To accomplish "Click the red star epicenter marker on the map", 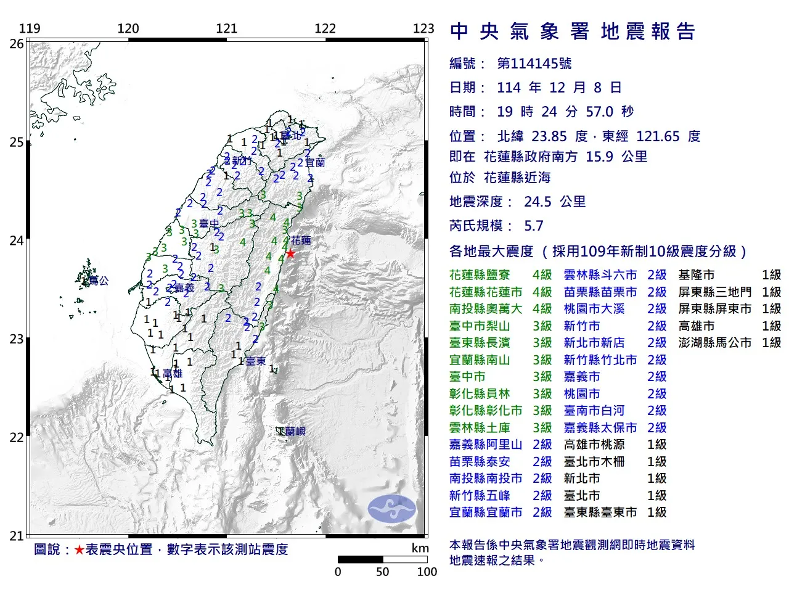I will pos(290,253).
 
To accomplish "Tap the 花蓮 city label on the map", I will pos(301,240).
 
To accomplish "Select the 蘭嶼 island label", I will pos(295,432).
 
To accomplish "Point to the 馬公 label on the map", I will pos(98,281).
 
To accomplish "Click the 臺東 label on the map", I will pos(256,361).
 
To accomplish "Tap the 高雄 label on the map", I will pos(173,374).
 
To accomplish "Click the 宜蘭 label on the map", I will pos(314,163).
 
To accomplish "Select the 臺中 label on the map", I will pos(209,224).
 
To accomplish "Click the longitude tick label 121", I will pos(227,28).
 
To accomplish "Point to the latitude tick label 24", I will pos(17,240).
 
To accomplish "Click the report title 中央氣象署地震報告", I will pos(573,31).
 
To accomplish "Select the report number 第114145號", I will pos(534,64).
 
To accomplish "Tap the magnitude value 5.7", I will pos(533,226).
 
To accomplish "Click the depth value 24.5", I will pos(538,202).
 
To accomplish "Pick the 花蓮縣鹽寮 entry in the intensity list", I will pos(480,275).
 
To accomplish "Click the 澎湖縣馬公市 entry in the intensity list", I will pos(715,343).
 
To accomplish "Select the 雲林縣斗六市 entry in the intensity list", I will pos(600,275).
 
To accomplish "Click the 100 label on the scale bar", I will pos(427,572).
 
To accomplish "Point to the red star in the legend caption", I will pos(80,549).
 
